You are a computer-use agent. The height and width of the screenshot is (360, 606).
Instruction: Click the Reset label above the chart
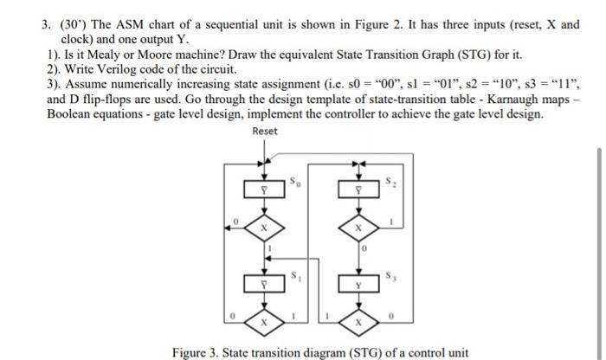pyautogui.click(x=265, y=132)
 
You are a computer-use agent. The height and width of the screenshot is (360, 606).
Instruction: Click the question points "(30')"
pyautogui.click(x=73, y=24)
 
